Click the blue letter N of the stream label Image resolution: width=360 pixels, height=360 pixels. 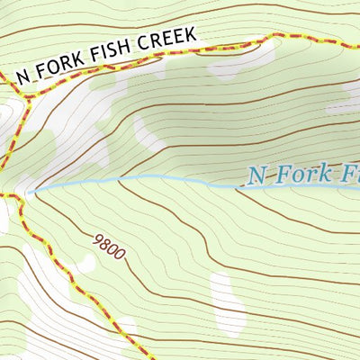coord(256,175)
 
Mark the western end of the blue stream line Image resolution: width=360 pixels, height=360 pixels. coord(30,191)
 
